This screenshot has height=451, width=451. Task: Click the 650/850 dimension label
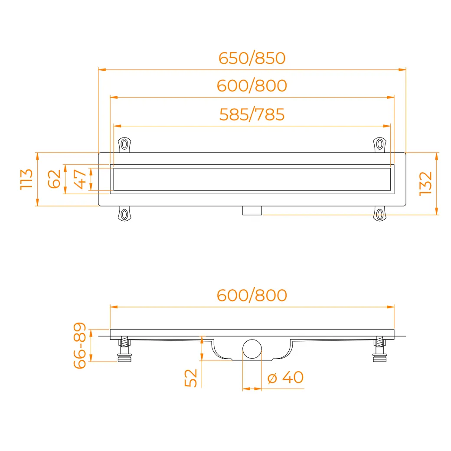tap(252, 58)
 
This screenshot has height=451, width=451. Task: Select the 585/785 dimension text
tap(252, 114)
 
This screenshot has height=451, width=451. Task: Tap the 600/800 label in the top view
tap(252, 86)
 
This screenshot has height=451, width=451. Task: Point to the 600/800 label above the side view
tap(252, 295)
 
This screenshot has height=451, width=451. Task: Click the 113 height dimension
tap(26, 180)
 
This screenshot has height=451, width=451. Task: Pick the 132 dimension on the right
tap(426, 184)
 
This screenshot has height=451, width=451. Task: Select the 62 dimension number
tap(54, 179)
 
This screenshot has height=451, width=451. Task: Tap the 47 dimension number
tap(80, 179)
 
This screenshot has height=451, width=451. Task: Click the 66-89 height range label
tap(80, 346)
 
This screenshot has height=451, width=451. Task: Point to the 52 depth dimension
tap(191, 378)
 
